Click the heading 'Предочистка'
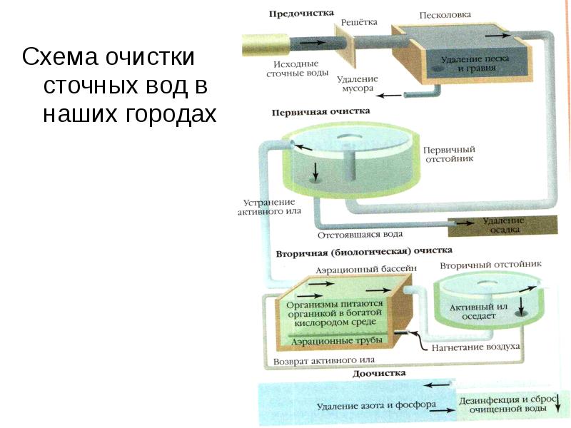(x=301, y=14)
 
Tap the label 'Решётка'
(x=359, y=23)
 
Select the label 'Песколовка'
(x=445, y=15)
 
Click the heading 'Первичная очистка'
(x=320, y=112)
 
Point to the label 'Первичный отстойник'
(x=450, y=154)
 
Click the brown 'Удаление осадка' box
(x=502, y=225)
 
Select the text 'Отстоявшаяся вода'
(x=360, y=235)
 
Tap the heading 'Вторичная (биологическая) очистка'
(x=364, y=252)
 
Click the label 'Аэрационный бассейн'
(x=366, y=270)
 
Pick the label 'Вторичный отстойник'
(x=491, y=265)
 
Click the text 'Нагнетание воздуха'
(x=475, y=347)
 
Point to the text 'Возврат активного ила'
(x=324, y=361)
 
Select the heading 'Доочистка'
(x=379, y=373)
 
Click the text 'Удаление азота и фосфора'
(x=376, y=405)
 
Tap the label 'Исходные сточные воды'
(x=297, y=68)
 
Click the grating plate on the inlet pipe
(x=345, y=45)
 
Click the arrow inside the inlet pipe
(x=312, y=42)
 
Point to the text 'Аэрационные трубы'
(x=337, y=341)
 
